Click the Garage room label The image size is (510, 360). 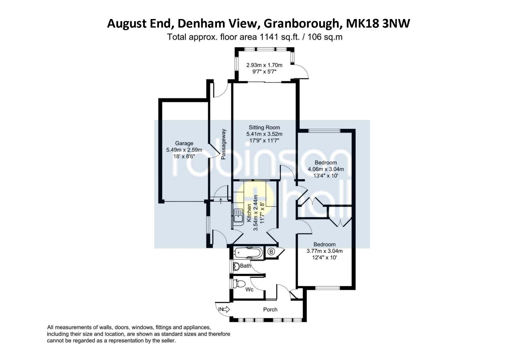pos(184,143)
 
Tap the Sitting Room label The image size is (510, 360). pos(264,127)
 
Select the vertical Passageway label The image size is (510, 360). pos(223,144)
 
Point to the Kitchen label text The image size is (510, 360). pos(249,213)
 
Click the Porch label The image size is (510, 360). pos(270,309)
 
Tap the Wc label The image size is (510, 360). pos(249,290)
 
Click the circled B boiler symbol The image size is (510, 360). pos(271,252)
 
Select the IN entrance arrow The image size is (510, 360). pos(224,309)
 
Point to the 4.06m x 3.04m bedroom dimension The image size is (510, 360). pos(326,169)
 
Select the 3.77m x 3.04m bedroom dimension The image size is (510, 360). pos(324,251)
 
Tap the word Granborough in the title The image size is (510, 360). pos(301,23)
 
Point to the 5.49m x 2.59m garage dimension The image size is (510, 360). pos(184,150)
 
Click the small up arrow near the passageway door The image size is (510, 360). pos(221,201)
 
